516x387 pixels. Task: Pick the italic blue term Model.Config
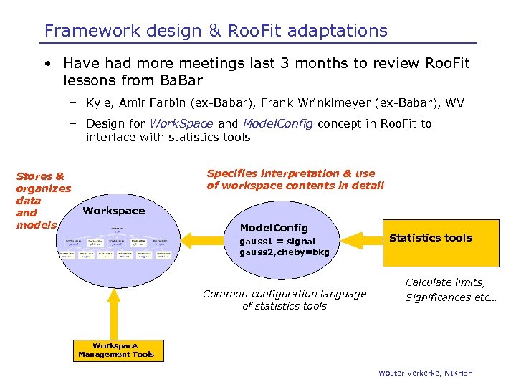277,123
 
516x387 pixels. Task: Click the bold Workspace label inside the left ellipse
113,211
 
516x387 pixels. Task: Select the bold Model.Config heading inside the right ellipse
274,227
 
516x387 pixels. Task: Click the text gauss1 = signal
277,242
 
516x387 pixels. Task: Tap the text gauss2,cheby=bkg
285,252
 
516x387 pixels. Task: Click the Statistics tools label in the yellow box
430,238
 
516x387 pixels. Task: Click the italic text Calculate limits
445,282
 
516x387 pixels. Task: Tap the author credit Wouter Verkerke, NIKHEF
425,373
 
